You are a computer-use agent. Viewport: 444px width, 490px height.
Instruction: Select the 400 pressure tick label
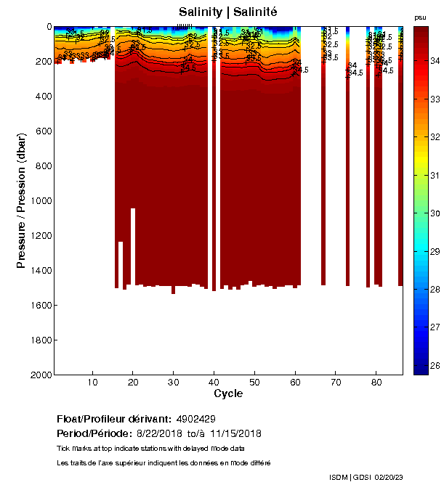[x=44, y=96]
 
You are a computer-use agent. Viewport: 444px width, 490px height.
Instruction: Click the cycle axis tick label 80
[x=376, y=383]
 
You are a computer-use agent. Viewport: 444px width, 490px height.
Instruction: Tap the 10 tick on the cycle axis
[x=92, y=383]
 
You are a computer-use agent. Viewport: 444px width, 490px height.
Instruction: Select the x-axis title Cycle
[x=227, y=394]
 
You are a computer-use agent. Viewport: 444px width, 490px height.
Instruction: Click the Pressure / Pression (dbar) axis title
[x=21, y=200]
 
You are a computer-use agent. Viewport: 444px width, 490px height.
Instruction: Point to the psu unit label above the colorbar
[x=420, y=17]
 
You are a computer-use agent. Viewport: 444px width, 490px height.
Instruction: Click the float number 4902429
[x=195, y=420]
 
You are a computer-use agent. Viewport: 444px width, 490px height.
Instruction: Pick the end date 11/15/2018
[x=235, y=433]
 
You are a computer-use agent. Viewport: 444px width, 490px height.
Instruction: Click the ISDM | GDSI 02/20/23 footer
[x=365, y=477]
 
